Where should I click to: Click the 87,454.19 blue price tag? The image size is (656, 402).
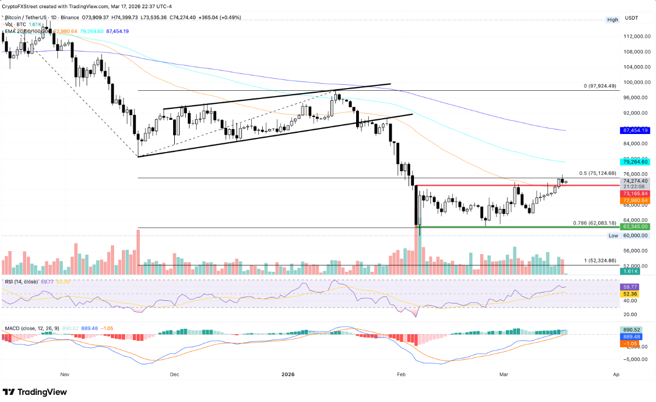(634, 131)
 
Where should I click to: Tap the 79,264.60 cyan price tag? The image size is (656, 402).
(634, 162)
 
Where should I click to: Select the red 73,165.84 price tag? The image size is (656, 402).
(634, 194)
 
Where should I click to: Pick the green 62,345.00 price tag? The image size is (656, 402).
(634, 226)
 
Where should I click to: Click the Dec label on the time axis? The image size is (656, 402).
(174, 375)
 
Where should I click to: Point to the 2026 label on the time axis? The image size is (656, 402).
(288, 375)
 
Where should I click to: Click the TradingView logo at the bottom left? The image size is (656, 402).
(35, 392)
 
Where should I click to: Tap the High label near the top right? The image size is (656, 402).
(613, 20)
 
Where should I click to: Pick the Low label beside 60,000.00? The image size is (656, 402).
(614, 235)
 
